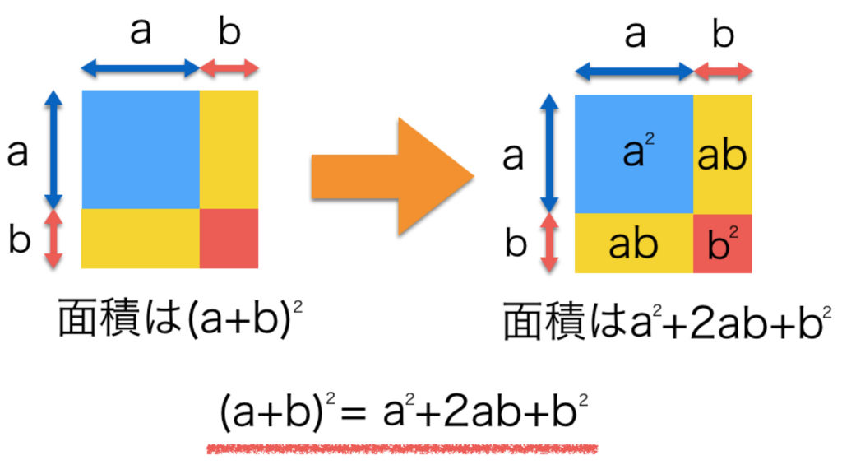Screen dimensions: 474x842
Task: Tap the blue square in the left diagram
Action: coord(141,149)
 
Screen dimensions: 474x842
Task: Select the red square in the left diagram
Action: coord(229,238)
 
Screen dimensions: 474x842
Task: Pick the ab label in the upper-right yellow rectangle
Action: coord(722,156)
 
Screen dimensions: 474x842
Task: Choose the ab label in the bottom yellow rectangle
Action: coord(633,244)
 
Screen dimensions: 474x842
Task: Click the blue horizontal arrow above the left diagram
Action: coord(141,70)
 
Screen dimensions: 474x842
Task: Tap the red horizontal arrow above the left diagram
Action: coord(229,70)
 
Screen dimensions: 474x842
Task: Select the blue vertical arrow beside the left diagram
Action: coord(53,150)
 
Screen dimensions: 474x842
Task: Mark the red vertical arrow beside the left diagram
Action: coord(53,239)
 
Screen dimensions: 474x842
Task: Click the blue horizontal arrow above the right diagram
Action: coord(634,72)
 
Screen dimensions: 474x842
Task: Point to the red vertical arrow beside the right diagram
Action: coord(548,244)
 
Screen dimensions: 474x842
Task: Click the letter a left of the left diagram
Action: coord(18,152)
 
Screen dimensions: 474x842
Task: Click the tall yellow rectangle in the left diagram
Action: coord(229,149)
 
